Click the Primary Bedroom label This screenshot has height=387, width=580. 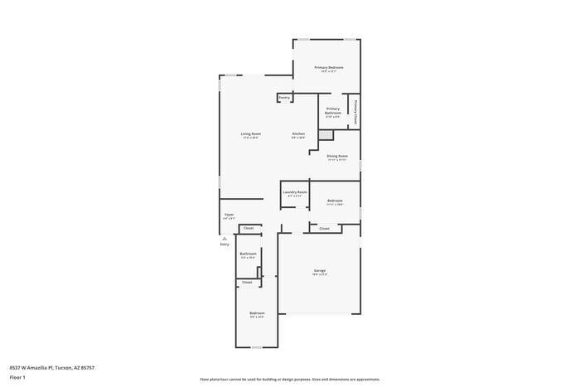(x=328, y=67)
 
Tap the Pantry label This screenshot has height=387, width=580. (x=284, y=97)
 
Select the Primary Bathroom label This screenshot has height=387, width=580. (x=332, y=110)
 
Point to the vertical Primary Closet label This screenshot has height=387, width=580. (x=355, y=112)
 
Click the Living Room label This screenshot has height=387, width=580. (x=251, y=134)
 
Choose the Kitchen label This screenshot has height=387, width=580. (x=298, y=134)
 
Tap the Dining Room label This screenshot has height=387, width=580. (x=336, y=156)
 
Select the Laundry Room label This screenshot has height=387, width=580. (x=295, y=192)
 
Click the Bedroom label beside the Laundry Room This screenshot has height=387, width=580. (x=335, y=201)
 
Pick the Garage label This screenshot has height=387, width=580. (x=320, y=271)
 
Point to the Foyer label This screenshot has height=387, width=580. (x=230, y=215)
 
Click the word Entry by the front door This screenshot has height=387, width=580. (x=225, y=244)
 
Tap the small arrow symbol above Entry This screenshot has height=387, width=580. (x=225, y=238)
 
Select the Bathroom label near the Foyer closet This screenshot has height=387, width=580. (x=248, y=254)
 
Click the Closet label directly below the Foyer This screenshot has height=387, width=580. (x=248, y=228)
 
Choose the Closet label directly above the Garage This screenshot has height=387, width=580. (x=324, y=228)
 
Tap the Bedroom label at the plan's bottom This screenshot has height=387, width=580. (x=258, y=313)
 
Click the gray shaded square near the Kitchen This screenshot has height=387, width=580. (x=326, y=134)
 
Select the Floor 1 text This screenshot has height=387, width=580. (x=17, y=377)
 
